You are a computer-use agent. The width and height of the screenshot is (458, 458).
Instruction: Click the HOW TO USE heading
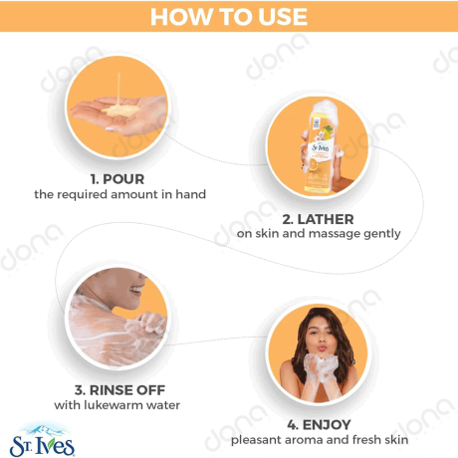tap(229, 17)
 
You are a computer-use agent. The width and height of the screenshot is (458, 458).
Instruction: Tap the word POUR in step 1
tap(123, 179)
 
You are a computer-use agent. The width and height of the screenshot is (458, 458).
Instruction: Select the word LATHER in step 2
tap(326, 219)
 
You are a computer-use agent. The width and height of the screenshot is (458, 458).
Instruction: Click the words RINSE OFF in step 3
tap(127, 390)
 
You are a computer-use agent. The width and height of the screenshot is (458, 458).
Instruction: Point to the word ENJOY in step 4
tap(327, 425)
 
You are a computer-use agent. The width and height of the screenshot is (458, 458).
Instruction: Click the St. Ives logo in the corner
tap(42, 440)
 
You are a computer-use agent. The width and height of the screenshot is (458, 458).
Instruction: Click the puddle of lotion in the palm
tap(120, 111)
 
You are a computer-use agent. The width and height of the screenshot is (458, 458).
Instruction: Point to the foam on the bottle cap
tap(326, 109)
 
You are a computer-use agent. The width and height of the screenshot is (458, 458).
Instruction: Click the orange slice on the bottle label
tap(316, 164)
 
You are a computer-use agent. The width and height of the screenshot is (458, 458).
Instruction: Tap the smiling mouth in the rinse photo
tap(136, 290)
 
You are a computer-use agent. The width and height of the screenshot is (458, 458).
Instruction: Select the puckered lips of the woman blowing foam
tap(321, 347)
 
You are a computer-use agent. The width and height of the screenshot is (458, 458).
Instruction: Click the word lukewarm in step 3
tap(112, 405)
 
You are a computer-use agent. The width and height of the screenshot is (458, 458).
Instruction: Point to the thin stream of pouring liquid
tap(118, 89)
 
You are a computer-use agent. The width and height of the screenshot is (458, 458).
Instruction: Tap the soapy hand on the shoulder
tap(151, 322)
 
